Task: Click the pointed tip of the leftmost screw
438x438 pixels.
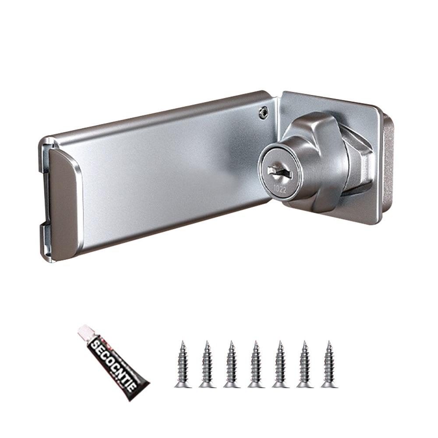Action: pos(183,343)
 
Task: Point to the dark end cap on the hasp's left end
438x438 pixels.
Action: pos(61,201)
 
